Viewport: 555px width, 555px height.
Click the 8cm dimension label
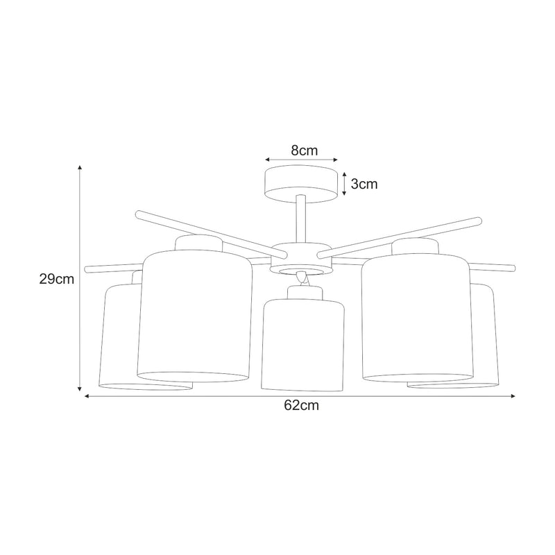(305, 151)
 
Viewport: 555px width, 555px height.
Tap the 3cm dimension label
(364, 184)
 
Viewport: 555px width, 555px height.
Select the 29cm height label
(57, 280)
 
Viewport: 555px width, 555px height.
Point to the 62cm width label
(301, 405)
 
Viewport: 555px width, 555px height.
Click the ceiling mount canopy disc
(301, 184)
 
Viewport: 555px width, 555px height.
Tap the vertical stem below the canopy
(301, 219)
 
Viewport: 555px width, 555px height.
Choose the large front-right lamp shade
(418, 318)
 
